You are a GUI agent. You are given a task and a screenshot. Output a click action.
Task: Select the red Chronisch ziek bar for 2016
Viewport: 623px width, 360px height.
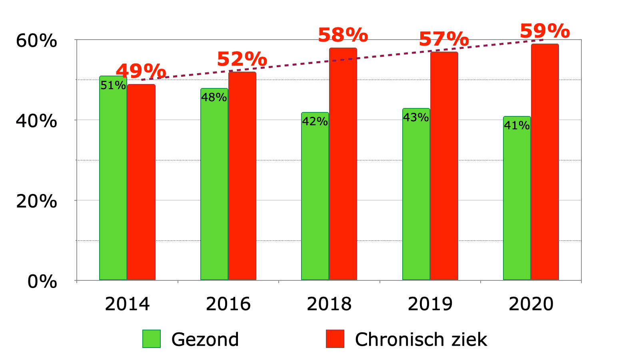(242, 176)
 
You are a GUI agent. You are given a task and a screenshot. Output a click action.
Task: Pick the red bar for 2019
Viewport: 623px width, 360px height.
(444, 166)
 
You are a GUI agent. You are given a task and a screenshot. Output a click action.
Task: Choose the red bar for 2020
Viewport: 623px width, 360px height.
(545, 162)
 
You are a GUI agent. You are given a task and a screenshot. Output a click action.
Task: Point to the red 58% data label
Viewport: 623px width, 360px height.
(343, 35)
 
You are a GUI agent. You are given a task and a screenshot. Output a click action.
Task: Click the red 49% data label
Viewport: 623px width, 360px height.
(141, 71)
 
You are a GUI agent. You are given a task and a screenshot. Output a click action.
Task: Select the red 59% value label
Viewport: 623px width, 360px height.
(545, 31)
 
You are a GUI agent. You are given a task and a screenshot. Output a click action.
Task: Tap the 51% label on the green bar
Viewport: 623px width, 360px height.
(113, 85)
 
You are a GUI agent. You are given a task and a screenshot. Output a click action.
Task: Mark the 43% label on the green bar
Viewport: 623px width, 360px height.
(416, 117)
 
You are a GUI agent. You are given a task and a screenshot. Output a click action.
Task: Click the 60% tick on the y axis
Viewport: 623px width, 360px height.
(36, 41)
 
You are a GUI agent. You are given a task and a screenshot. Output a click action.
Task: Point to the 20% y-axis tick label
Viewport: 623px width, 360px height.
(36, 201)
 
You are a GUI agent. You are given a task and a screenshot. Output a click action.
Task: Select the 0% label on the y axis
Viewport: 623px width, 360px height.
(42, 282)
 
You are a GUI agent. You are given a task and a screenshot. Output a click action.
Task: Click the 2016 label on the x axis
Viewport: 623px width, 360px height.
(228, 304)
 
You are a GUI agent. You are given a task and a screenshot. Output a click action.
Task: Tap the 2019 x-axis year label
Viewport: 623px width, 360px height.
(430, 304)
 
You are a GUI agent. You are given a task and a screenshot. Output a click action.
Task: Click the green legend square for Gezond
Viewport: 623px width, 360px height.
(152, 339)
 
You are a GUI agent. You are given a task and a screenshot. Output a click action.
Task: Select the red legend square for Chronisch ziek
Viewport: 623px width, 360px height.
(335, 339)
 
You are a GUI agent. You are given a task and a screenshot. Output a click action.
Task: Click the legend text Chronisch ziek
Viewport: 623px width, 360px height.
(421, 340)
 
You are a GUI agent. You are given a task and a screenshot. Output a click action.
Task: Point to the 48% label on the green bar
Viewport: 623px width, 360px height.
(214, 97)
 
